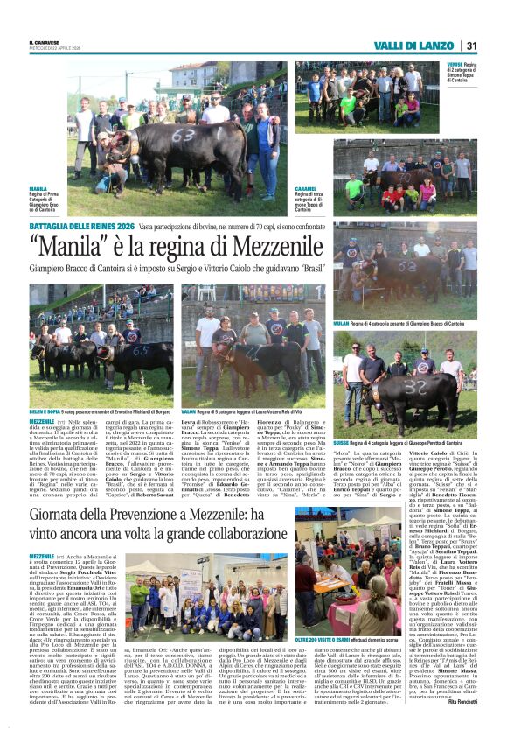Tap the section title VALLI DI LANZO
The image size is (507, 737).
[x=417, y=46]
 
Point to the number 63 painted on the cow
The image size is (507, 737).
[x=183, y=137]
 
